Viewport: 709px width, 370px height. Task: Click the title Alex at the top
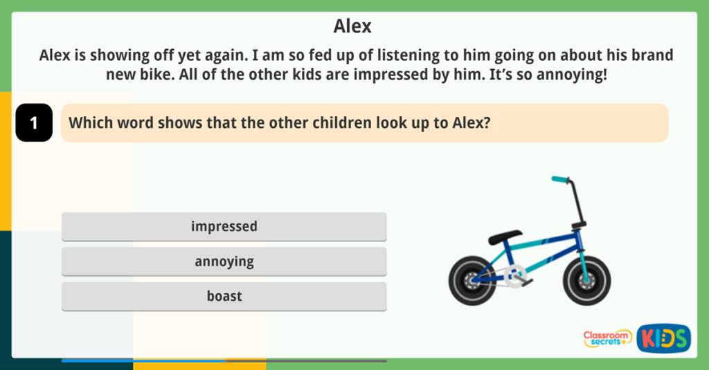click(x=352, y=26)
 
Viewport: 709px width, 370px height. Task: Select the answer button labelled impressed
click(x=224, y=226)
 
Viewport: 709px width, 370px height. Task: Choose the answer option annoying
click(x=224, y=261)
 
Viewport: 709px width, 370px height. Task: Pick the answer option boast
click(x=224, y=296)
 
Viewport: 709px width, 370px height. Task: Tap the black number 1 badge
click(x=34, y=123)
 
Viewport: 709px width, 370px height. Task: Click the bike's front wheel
click(x=586, y=280)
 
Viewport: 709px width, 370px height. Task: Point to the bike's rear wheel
click(x=473, y=280)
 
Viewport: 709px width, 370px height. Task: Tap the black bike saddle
click(x=505, y=237)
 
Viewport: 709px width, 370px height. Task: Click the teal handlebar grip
click(x=559, y=180)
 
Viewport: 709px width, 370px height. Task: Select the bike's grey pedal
click(x=524, y=282)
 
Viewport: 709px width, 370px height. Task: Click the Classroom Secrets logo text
click(x=607, y=338)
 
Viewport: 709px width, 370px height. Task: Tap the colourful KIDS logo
click(x=663, y=338)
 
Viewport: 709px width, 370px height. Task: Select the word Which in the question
click(x=89, y=122)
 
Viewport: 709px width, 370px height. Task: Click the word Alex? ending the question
click(x=476, y=122)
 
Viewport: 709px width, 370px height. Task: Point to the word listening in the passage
click(x=427, y=55)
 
